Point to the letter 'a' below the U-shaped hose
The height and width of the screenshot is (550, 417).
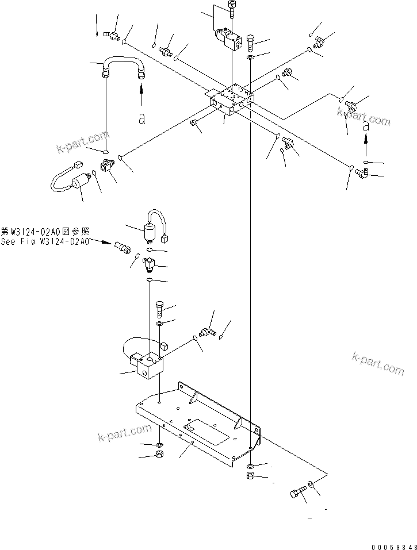(141, 118)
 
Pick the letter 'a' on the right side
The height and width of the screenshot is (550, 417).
(365, 128)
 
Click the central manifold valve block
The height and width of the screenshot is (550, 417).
(229, 101)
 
